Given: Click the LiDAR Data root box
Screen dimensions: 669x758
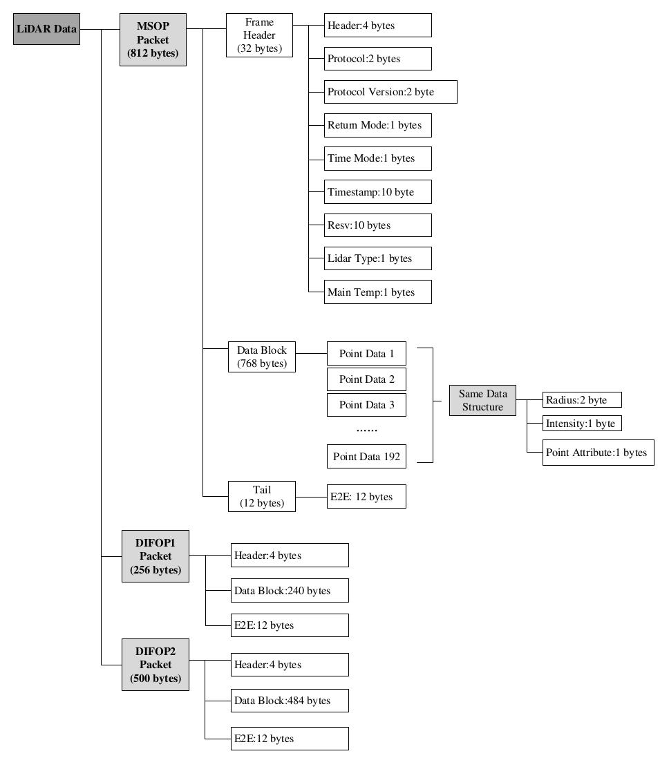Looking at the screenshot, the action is click(46, 29).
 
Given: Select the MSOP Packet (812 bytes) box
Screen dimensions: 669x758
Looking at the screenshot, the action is click(153, 39).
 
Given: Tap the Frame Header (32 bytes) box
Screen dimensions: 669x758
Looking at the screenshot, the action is click(259, 35).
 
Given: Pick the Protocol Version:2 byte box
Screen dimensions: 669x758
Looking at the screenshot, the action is click(390, 92).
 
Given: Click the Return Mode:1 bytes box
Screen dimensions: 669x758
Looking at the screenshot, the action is click(377, 125).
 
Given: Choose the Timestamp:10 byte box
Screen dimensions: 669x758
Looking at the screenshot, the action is click(377, 192).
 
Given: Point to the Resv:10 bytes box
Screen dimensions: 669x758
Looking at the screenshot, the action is click(377, 225).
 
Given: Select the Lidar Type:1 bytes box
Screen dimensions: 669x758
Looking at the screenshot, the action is click(377, 258).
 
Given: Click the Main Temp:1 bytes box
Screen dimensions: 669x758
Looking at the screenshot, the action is click(377, 292).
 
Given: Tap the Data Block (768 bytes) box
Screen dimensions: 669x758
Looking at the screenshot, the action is click(261, 357).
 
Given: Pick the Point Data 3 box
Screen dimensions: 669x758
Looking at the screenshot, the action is click(366, 405).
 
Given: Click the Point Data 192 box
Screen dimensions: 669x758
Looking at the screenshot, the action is click(366, 456).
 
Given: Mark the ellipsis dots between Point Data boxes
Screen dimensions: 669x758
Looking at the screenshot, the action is click(366, 430).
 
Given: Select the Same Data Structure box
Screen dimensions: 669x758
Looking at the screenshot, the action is click(482, 400).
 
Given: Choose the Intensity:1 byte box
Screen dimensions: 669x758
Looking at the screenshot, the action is click(582, 424).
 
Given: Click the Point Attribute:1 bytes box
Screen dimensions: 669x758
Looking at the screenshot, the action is click(598, 453).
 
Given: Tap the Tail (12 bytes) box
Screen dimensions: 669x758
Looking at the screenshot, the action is click(261, 497).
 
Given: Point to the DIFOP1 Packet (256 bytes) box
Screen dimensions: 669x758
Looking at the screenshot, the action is click(156, 556).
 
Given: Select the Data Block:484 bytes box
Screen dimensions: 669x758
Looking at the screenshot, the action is click(290, 701).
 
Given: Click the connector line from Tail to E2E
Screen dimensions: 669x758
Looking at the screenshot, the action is click(311, 497).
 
